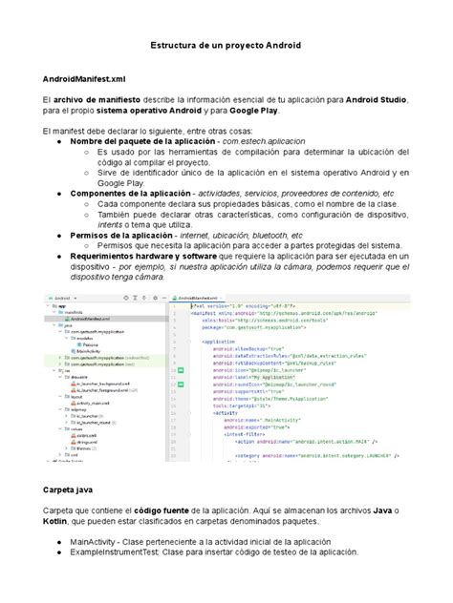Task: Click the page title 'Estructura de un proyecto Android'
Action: [x=226, y=46]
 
